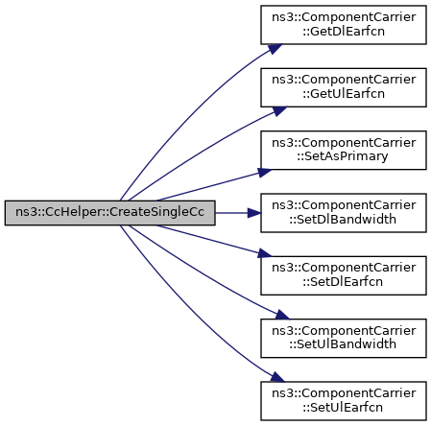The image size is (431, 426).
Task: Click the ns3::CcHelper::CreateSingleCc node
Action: point(109,213)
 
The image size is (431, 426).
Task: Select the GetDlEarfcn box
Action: point(344,25)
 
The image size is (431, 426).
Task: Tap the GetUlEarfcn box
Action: point(344,87)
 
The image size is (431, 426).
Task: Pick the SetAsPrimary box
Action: point(344,150)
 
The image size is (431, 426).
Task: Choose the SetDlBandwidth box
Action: point(344,213)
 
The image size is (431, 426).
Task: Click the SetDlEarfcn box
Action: point(344,275)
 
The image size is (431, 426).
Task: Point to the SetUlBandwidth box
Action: point(344,338)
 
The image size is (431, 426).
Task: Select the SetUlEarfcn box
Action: point(344,401)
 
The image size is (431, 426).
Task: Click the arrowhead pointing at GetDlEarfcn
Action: point(275,49)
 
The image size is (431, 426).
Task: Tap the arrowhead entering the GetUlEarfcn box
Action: point(279,111)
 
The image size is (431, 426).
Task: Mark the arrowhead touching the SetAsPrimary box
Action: point(264,173)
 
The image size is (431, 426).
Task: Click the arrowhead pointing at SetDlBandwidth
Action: point(254,213)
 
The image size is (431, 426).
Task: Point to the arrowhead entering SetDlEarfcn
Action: point(264,253)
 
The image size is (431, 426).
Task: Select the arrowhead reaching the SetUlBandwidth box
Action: point(281,315)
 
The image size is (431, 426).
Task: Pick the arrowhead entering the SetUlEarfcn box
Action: point(277,377)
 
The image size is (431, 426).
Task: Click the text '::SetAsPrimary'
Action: point(343,156)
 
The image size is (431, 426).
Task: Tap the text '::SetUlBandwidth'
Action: point(343,344)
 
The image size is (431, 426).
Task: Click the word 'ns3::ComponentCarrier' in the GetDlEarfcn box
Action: point(344,17)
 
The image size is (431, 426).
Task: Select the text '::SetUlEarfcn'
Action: point(343,407)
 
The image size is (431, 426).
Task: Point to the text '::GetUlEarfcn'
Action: point(344,94)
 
